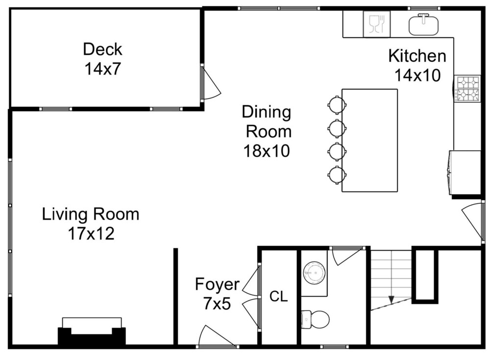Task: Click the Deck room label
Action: pyautogui.click(x=102, y=49)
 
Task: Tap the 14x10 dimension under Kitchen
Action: pyautogui.click(x=417, y=75)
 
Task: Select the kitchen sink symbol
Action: pyautogui.click(x=423, y=24)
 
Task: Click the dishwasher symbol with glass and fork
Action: pyautogui.click(x=376, y=24)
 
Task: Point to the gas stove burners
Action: pyautogui.click(x=467, y=89)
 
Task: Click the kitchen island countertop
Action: pyautogui.click(x=369, y=140)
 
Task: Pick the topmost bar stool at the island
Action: pyautogui.click(x=337, y=105)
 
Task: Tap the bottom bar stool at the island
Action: pyautogui.click(x=337, y=175)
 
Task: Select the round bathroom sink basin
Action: pyautogui.click(x=314, y=273)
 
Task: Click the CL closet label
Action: pyautogui.click(x=278, y=296)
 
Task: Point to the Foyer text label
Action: pyautogui.click(x=217, y=285)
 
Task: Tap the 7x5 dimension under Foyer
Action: pyautogui.click(x=217, y=303)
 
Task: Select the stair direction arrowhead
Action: pyautogui.click(x=391, y=299)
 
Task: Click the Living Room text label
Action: pyautogui.click(x=91, y=215)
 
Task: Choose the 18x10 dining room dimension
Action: pyautogui.click(x=267, y=151)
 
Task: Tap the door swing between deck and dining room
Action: pyautogui.click(x=211, y=83)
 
